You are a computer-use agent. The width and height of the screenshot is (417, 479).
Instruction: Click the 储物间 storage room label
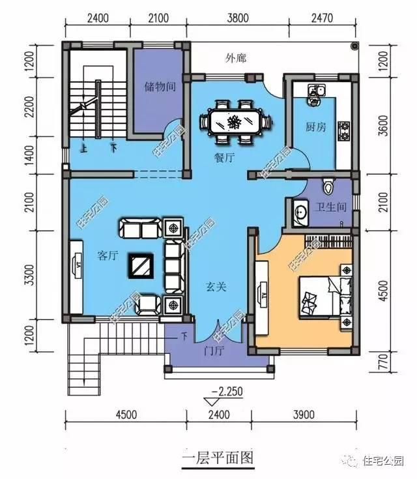(x=160, y=86)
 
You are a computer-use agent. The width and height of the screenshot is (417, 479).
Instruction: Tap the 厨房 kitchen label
(x=315, y=126)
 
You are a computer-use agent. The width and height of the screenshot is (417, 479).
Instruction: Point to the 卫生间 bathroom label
(x=330, y=209)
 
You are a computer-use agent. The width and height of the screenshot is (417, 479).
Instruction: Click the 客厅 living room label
(x=107, y=256)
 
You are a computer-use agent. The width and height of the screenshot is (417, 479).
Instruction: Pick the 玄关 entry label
(x=216, y=285)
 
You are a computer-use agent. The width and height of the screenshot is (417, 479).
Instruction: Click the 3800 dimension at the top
(x=238, y=19)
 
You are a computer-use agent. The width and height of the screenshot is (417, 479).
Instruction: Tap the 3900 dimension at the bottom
(x=304, y=414)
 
